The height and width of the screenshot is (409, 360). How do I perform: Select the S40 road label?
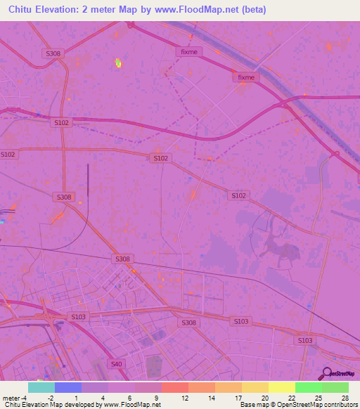pos(116,363)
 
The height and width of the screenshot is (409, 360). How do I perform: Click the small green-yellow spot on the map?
pos(118,63)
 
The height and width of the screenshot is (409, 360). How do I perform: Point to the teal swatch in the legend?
pos(41,387)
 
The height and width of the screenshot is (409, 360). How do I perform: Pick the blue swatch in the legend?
pos(68,387)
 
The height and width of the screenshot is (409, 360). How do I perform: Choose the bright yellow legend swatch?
pos(282,387)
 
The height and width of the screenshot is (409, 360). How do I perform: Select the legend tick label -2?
pos(51,397)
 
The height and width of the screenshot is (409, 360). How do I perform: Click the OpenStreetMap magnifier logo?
pos(325,373)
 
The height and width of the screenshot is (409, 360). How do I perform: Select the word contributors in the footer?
pos(340,405)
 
